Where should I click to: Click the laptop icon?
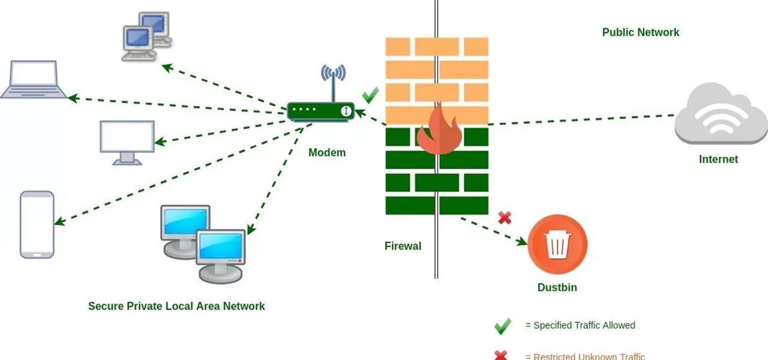tap(34, 79)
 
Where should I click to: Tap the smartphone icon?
tap(37, 224)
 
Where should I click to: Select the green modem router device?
tap(320, 112)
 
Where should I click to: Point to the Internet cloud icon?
tap(721, 114)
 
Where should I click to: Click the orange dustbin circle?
tap(557, 244)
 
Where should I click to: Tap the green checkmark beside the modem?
tap(371, 95)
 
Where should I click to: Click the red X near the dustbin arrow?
tap(505, 218)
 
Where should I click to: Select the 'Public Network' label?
tap(641, 32)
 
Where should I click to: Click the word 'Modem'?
tap(327, 152)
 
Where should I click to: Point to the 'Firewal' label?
tap(403, 246)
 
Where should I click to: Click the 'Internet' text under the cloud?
tap(718, 159)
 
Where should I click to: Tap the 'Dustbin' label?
tap(557, 287)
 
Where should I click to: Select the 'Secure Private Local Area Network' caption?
tap(176, 306)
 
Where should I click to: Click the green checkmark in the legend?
tap(502, 326)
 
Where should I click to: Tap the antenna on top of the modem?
tap(333, 81)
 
